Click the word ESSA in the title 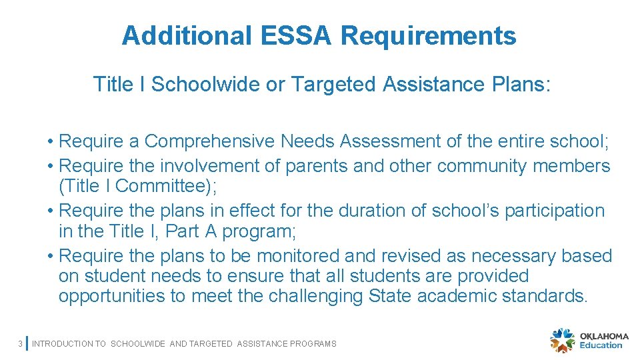tap(304, 35)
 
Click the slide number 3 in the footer tap(21, 344)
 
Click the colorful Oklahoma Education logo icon tap(562, 340)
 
